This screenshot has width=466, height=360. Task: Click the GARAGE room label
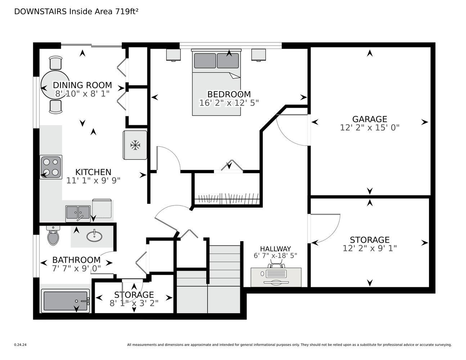369,119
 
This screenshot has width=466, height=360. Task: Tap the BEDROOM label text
229,94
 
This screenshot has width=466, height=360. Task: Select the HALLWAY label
275,249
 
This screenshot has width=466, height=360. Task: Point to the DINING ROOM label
82,85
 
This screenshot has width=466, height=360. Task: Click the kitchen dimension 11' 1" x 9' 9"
93,181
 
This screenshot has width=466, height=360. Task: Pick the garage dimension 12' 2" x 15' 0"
369,128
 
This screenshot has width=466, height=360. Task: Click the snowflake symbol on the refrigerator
135,145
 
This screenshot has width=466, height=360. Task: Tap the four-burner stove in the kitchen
51,167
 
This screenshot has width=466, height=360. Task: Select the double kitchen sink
78,213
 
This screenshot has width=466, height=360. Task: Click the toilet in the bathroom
53,235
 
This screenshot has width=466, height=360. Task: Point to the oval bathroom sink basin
94,236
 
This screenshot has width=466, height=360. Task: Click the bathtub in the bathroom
66,301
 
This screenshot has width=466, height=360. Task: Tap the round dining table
55,85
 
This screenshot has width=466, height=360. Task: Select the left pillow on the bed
205,60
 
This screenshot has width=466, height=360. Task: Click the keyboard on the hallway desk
276,274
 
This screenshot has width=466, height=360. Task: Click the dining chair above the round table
55,63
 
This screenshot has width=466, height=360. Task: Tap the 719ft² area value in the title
127,12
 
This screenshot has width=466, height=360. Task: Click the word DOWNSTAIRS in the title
40,12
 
